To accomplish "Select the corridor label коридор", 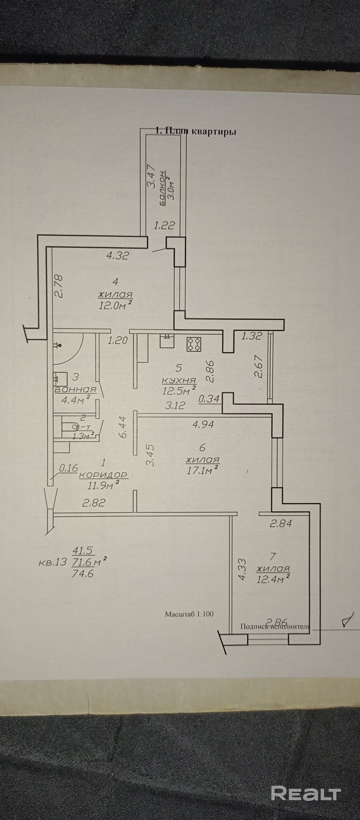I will (103, 475).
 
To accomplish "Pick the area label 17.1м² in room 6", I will (203, 469).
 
